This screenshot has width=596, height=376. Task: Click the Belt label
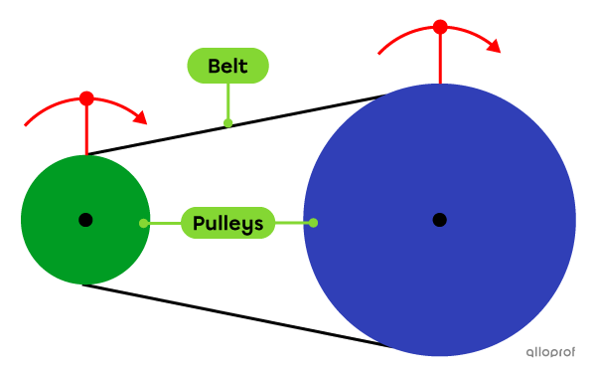(227, 67)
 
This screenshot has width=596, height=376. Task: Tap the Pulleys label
(227, 223)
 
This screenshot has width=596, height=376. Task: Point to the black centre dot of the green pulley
(85, 219)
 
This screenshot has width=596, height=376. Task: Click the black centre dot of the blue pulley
(439, 219)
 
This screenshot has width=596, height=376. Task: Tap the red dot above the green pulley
(86, 98)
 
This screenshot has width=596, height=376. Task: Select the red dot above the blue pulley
(440, 27)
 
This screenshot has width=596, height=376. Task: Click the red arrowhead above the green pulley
(141, 117)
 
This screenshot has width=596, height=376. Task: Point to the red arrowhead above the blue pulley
(494, 46)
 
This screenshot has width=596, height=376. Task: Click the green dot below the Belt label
(227, 122)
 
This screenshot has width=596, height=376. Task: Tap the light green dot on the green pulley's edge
(144, 223)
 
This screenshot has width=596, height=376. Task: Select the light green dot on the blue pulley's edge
(313, 223)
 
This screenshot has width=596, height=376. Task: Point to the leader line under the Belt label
(227, 101)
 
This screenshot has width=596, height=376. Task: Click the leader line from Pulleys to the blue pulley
(293, 223)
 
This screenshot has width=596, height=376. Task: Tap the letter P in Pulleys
(198, 223)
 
